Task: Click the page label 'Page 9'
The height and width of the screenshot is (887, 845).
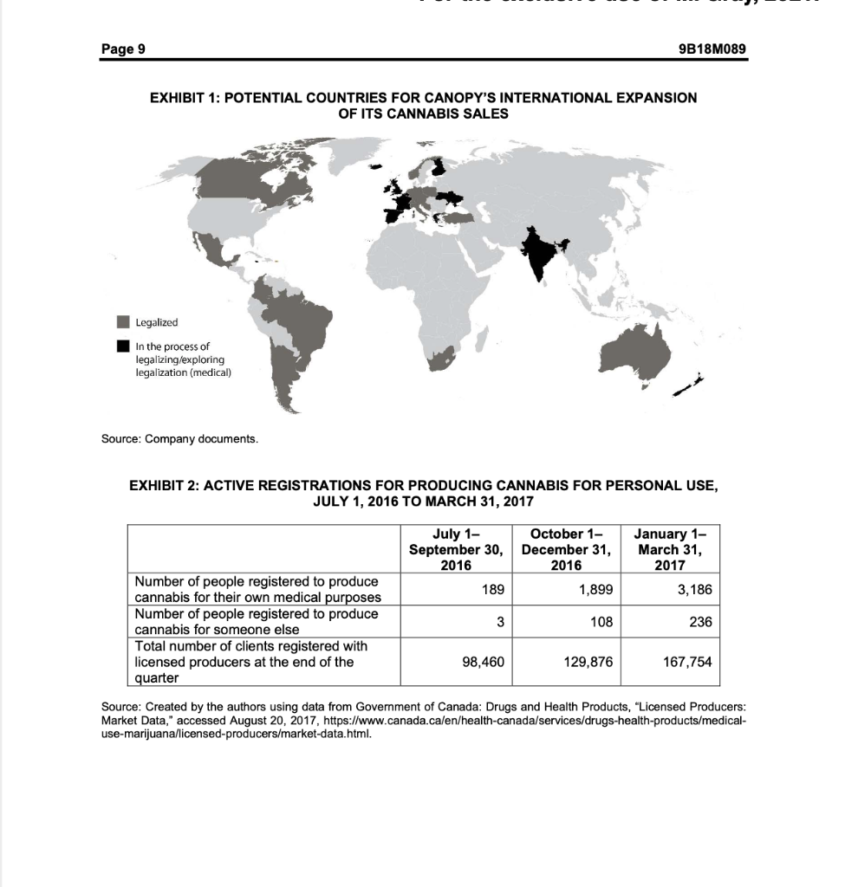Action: click(123, 49)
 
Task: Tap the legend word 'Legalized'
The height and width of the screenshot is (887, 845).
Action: click(157, 322)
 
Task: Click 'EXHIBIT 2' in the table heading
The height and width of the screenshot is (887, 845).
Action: click(166, 485)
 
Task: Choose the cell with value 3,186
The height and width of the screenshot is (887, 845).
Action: click(694, 589)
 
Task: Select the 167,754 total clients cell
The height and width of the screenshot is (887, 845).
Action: click(687, 662)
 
